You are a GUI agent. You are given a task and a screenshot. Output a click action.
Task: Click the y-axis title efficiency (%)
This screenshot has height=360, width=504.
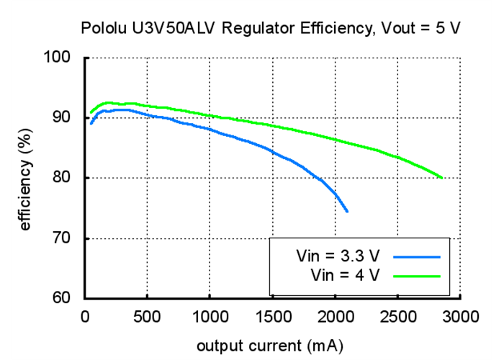point(27,178)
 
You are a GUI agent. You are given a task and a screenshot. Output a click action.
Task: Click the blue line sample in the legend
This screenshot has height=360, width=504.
point(417,256)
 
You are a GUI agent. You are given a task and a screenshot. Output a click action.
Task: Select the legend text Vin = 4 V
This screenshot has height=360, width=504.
point(345,275)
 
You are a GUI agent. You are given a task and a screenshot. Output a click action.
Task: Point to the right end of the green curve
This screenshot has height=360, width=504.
point(441,178)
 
